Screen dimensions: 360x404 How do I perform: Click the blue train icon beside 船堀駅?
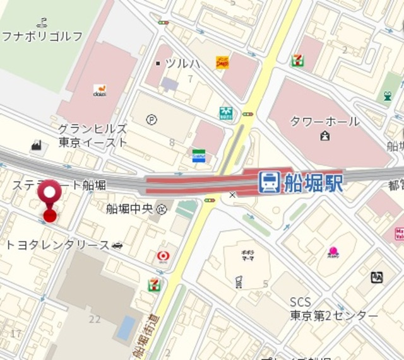tap(268, 182)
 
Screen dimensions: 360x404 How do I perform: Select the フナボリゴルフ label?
tap(42, 36)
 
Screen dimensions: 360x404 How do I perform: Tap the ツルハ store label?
tap(182, 63)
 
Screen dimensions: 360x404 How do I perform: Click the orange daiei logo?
tap(99, 90)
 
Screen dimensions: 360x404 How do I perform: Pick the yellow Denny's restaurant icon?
tap(222, 62)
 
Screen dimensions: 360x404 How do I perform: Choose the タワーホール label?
tap(324, 121)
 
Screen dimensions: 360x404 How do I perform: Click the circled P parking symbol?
tap(151, 119)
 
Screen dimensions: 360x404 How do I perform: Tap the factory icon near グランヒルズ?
tap(37, 146)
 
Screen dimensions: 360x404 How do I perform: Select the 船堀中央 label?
tap(129, 209)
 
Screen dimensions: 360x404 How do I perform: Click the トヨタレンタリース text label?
tap(57, 245)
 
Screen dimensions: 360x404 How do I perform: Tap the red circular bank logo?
tap(163, 256)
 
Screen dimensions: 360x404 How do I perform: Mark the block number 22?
tap(95, 320)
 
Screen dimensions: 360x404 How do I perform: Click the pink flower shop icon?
tap(333, 254)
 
